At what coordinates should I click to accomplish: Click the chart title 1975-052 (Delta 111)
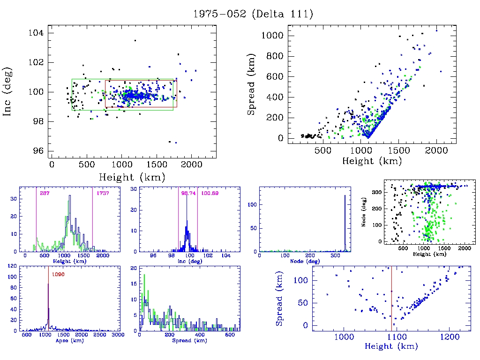[x=253, y=14]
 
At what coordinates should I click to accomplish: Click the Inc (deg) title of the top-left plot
[x=8, y=91]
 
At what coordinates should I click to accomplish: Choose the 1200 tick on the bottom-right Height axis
[x=449, y=337]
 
